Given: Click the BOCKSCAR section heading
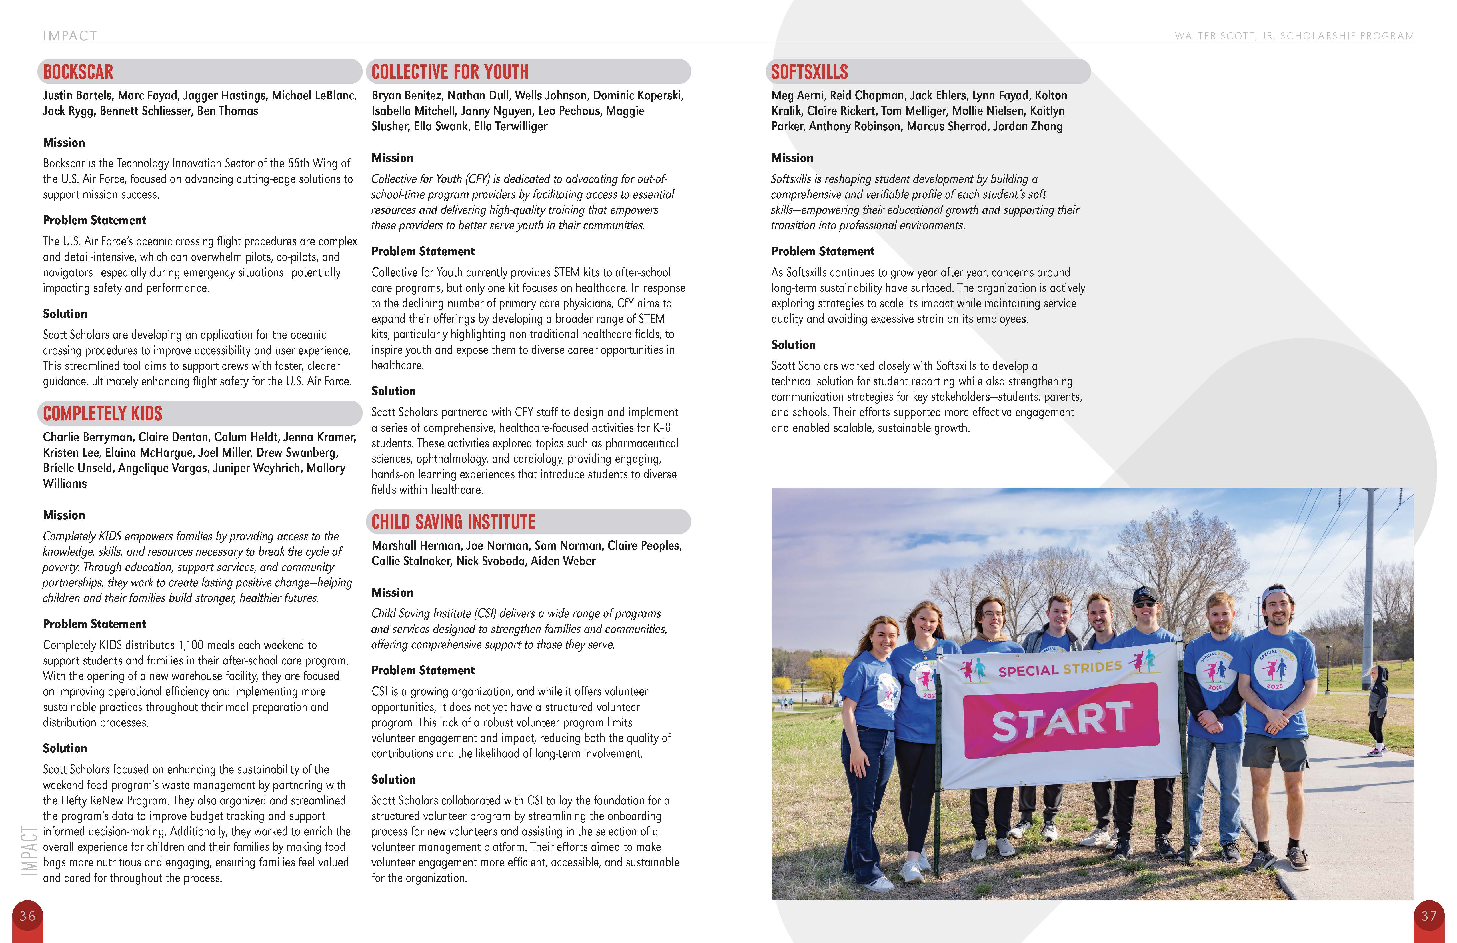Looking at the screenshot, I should point(78,72).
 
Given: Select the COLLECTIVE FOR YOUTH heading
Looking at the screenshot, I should point(450,72).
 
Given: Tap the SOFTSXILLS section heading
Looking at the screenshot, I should point(809,72).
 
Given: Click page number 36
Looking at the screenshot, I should point(27,916).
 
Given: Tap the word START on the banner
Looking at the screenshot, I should point(1061,721).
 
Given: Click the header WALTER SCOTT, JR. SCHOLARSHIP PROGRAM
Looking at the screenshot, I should point(1294,36).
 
